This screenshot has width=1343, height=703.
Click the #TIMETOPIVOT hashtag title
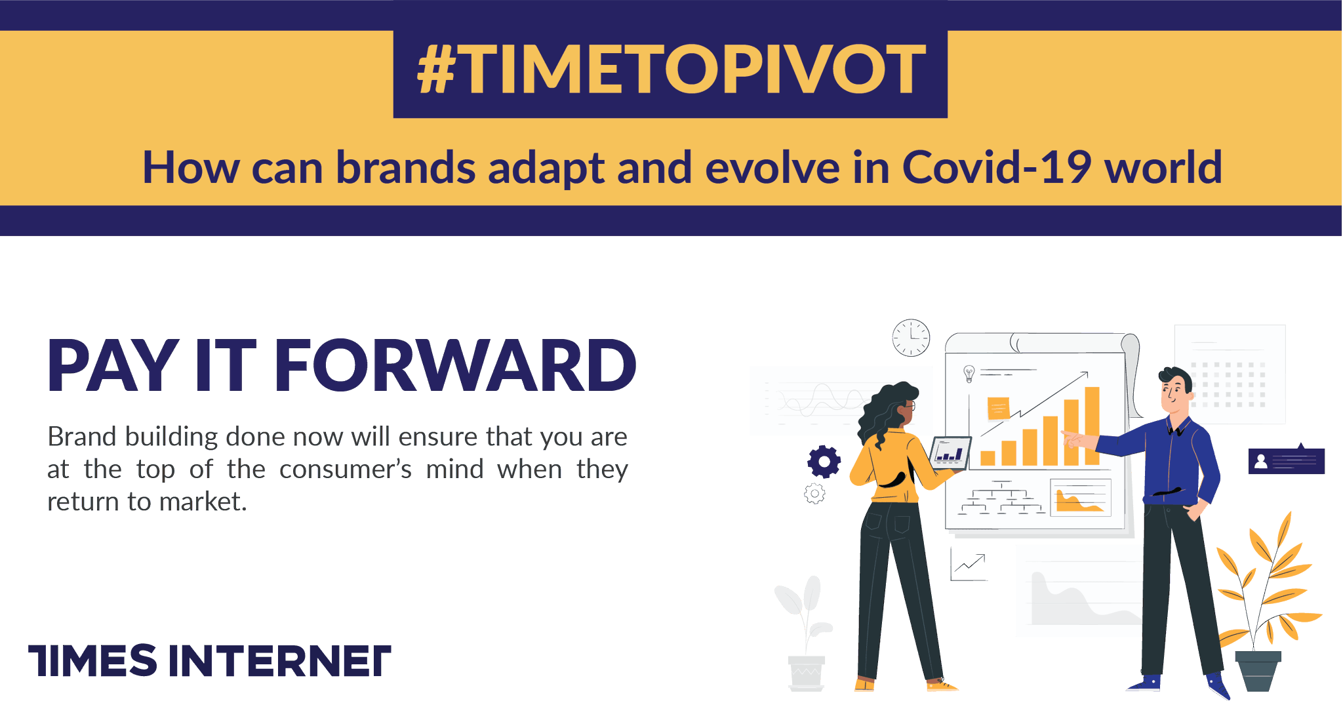coord(671,70)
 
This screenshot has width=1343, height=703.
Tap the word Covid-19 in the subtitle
coord(997,167)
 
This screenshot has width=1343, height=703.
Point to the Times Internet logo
coord(210,660)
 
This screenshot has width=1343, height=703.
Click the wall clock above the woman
coord(911,338)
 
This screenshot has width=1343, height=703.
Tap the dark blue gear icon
coord(824,462)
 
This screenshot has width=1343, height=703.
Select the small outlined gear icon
coord(814,493)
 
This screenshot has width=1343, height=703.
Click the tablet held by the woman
coord(950,452)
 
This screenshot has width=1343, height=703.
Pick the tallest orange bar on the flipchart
coord(1092,426)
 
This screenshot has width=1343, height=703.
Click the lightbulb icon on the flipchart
coord(969,374)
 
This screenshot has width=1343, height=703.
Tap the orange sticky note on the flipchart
coord(998,409)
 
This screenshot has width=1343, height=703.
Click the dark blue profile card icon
coord(1287,460)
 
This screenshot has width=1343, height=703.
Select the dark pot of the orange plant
coord(1258,671)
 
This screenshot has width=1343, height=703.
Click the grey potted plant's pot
coord(807,673)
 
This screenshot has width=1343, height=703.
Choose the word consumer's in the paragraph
coord(346,470)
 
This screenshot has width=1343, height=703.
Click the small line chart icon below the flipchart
coord(969,565)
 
